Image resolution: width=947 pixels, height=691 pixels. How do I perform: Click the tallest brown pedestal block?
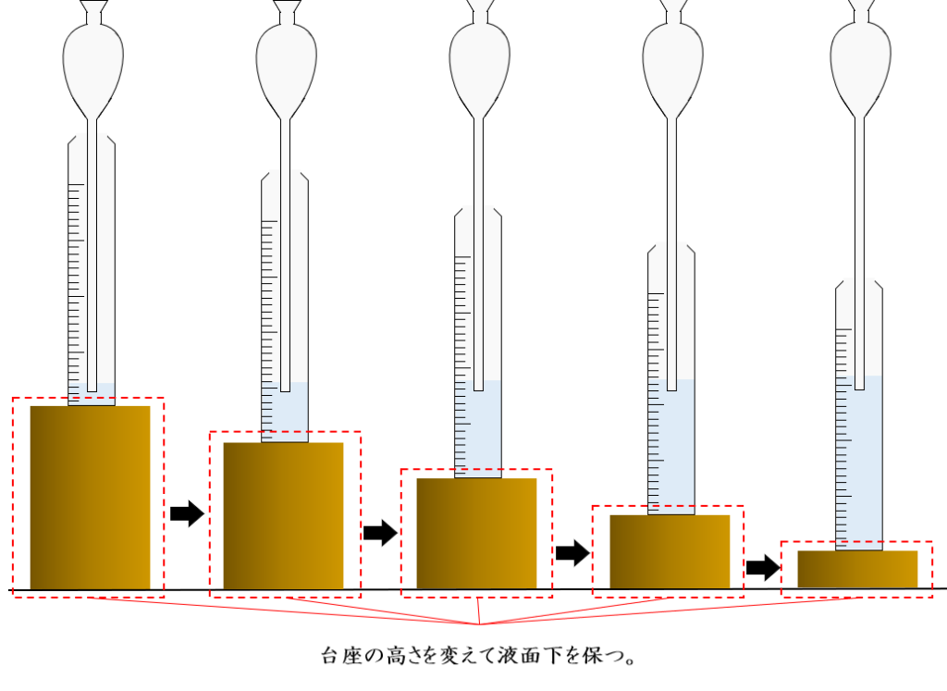point(90,497)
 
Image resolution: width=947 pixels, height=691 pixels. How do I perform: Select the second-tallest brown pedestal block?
point(283,515)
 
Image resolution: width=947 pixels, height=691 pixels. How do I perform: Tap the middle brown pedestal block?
point(476,533)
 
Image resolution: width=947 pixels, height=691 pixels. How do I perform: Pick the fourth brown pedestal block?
point(670,551)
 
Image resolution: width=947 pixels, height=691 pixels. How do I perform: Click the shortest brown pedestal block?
point(857,569)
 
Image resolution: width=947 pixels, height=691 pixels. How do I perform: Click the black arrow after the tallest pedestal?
point(187,512)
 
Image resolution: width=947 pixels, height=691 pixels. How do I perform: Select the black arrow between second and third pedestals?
point(379,532)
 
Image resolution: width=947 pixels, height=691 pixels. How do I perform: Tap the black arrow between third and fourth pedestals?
point(572,553)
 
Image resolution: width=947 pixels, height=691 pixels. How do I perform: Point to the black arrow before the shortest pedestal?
point(763,567)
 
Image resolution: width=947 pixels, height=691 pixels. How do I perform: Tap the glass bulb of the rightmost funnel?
point(860,56)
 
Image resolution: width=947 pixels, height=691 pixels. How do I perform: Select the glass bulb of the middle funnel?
point(479,57)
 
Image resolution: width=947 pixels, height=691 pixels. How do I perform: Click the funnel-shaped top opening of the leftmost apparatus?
point(92,11)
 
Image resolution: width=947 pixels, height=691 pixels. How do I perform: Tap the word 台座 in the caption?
point(339,657)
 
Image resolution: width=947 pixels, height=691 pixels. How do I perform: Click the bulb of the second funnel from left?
point(286,60)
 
